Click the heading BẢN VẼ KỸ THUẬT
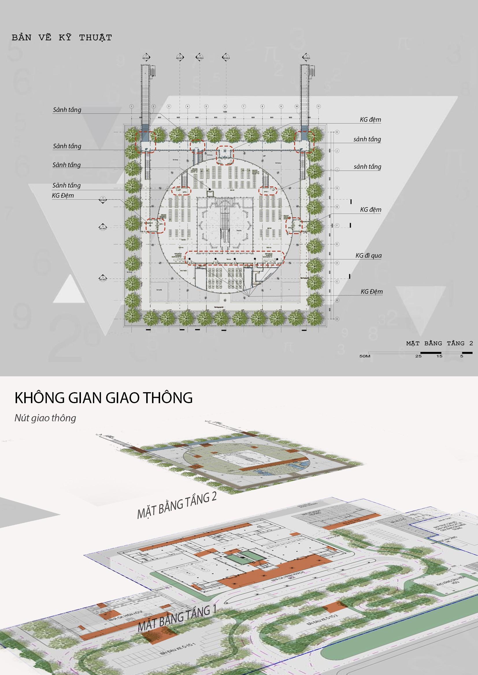tap(62, 38)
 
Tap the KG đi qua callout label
tap(368, 255)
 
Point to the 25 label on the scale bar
tap(418, 356)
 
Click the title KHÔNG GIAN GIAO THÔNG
tap(104, 397)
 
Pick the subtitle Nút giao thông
tap(45, 418)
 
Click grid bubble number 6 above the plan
tap(225, 106)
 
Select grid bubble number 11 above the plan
tap(318, 106)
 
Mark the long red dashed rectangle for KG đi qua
tap(235, 258)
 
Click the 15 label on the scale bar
tap(439, 356)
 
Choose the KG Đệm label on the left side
tap(63, 195)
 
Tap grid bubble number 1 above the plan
tap(131, 106)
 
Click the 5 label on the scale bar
tap(462, 356)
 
